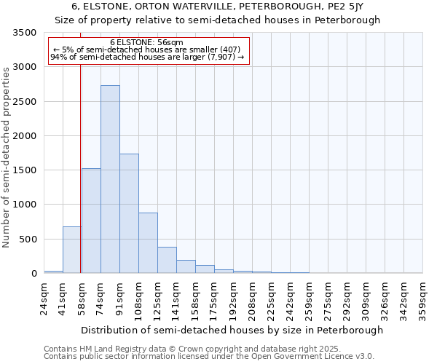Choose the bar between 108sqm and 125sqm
pyautogui.click(x=148, y=243)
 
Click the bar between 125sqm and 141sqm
pyautogui.click(x=167, y=260)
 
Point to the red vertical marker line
pyautogui.click(x=80, y=182)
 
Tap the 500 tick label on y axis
pyautogui.click(x=28, y=240)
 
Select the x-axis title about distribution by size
pyautogui.click(x=232, y=330)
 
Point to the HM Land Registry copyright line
pyautogui.click(x=208, y=349)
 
